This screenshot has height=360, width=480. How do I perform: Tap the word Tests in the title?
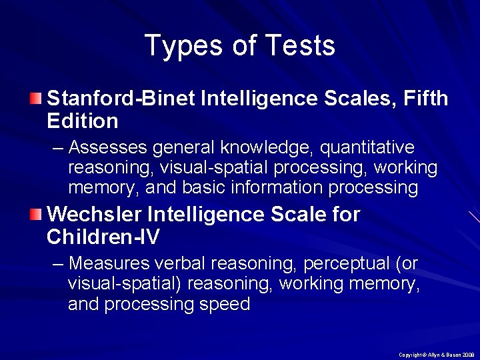click(299, 46)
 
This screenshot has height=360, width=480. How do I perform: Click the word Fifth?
click(425, 99)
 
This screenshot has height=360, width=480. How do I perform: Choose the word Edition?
click(83, 121)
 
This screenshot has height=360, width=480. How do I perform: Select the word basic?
click(203, 188)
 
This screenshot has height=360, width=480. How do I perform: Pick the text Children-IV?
click(103, 237)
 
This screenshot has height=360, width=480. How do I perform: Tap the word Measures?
click(108, 263)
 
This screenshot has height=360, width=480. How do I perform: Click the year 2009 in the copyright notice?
click(467, 355)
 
